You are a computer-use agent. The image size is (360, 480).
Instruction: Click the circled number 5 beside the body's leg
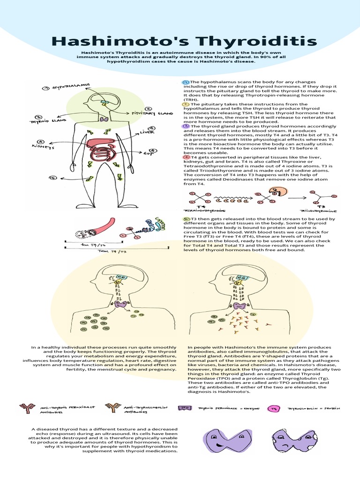[52, 178]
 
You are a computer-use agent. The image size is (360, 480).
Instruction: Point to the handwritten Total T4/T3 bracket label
[113, 251]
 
